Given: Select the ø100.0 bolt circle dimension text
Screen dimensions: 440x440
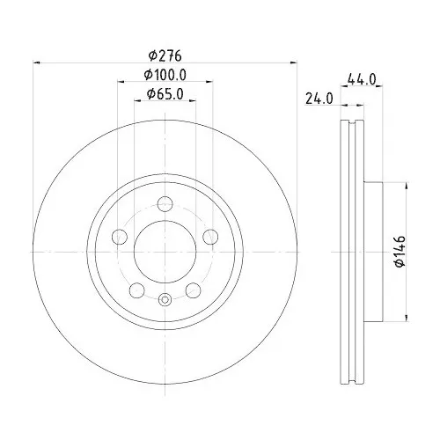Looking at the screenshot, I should point(165,75).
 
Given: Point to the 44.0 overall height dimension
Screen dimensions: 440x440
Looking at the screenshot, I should point(362,79).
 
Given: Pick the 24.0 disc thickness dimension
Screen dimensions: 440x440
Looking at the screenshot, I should point(316,99).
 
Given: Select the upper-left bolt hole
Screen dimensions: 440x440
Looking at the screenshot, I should point(121,237).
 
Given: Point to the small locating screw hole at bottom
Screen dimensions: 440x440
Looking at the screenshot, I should point(165,300).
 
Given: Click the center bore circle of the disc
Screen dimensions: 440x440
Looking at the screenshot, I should point(165,251).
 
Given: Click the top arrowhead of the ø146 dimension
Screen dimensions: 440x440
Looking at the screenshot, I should point(406,187).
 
